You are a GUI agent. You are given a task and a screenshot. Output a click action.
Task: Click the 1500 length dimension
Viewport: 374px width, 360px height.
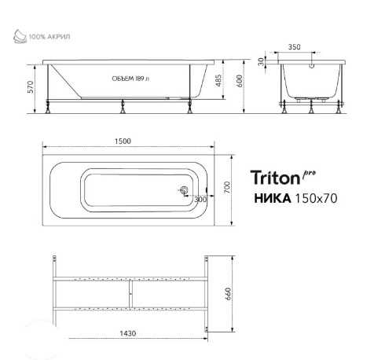pos(123,141)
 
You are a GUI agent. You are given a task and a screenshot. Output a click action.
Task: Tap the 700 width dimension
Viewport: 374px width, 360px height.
pos(227,187)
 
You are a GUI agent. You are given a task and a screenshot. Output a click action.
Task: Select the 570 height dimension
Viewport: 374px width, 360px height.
pos(31,87)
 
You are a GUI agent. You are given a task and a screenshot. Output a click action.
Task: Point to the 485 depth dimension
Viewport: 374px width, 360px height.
pos(218,81)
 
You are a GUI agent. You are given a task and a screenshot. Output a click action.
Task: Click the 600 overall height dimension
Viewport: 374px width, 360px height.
pos(240,81)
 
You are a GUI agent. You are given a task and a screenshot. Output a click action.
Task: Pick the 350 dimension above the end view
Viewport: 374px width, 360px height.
pos(294,47)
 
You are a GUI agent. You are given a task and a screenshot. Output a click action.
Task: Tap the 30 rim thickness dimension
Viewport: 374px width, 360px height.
pos(261,62)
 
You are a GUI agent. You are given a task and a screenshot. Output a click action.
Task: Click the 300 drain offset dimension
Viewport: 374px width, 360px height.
pos(200,200)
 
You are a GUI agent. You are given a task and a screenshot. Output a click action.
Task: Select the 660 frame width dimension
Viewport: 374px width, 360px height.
pos(228,294)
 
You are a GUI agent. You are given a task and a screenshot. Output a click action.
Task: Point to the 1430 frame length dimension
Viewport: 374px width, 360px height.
pos(128,333)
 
